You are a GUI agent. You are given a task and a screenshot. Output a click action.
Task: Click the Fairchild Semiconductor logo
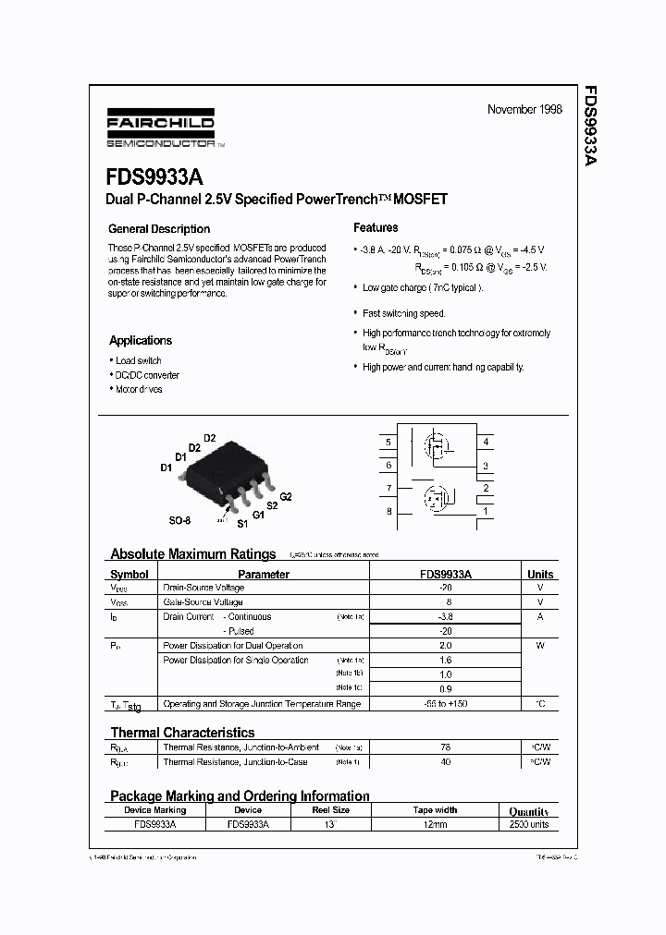(161, 132)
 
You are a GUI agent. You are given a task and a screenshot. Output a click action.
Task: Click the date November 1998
(524, 109)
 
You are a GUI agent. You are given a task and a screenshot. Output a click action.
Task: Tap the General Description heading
(159, 229)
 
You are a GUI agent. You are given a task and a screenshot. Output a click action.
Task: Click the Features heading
(376, 227)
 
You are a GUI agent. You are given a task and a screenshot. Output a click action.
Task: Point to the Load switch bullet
(138, 360)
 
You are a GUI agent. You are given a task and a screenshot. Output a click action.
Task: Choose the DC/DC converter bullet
(147, 375)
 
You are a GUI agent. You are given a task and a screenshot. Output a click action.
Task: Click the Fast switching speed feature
(403, 313)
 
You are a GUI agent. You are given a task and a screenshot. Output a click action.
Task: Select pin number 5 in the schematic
(388, 443)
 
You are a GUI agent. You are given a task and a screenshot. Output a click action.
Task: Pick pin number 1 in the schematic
(486, 511)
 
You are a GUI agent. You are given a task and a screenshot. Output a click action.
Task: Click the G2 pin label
(285, 497)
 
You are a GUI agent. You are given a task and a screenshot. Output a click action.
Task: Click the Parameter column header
(264, 574)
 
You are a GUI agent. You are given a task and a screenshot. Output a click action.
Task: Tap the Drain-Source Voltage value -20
(446, 588)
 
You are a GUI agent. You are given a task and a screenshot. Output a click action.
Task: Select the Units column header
(540, 574)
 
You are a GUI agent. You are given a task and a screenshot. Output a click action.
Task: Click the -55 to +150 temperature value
(446, 704)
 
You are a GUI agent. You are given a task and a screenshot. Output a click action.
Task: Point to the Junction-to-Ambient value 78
(446, 747)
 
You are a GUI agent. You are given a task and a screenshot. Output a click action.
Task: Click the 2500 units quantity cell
(528, 823)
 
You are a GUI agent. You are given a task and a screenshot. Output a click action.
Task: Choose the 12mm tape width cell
(435, 823)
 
